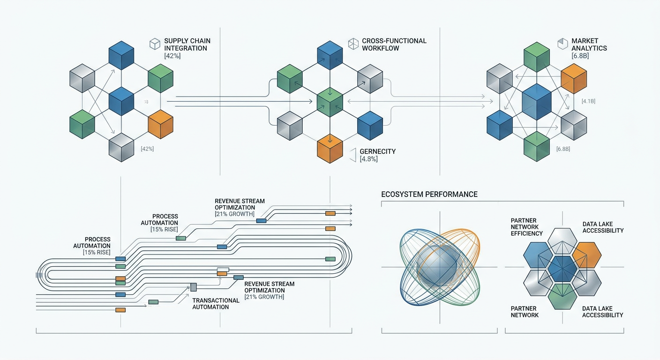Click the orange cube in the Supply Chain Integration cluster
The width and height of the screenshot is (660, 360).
click(x=160, y=124)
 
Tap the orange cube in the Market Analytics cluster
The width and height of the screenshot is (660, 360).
click(x=573, y=78)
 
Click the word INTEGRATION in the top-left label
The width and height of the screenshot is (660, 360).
click(x=186, y=48)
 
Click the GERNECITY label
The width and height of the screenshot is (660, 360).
click(x=378, y=151)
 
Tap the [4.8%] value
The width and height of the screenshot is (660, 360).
click(x=369, y=159)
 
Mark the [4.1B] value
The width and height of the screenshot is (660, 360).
click(x=588, y=101)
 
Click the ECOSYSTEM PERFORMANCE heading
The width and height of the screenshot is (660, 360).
click(x=429, y=194)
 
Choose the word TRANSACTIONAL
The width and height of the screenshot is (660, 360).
click(x=216, y=300)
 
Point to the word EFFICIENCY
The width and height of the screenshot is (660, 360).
click(x=527, y=233)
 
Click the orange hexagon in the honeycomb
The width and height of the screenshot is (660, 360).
click(x=587, y=255)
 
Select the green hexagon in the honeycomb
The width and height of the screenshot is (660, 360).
click(x=562, y=296)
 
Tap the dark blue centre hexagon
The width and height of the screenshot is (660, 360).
click(x=562, y=269)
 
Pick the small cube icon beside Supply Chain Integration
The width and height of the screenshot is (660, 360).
click(x=155, y=45)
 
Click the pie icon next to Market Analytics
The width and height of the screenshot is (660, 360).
click(x=562, y=44)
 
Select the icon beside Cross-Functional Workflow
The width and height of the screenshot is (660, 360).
click(x=353, y=45)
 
